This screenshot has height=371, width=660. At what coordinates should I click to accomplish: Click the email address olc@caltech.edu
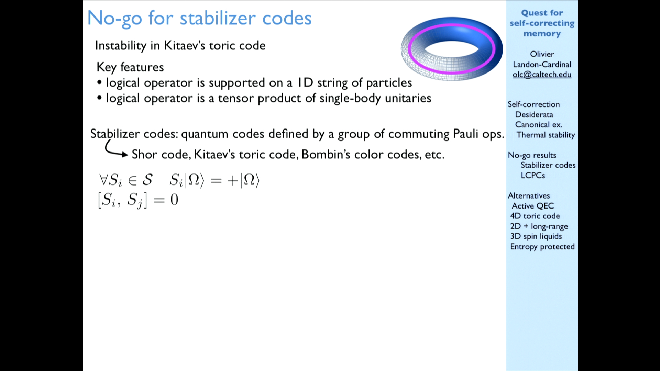point(542,75)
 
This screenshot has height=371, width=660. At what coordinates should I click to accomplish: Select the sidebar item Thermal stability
point(546,135)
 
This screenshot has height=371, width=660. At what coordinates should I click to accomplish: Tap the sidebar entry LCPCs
point(533,175)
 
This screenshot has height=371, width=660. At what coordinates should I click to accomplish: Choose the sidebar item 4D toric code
point(535,216)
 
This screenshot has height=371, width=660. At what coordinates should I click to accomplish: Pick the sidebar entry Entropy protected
point(542,247)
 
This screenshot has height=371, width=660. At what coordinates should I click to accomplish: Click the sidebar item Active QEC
point(533,206)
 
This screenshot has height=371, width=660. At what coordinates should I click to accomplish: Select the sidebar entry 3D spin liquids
point(536,236)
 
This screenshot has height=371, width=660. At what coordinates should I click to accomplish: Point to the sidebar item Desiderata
point(534,115)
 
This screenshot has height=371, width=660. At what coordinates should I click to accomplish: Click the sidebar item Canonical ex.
point(538,125)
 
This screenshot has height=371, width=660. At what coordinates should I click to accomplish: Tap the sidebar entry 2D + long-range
point(539,226)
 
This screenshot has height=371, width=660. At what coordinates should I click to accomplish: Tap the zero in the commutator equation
point(174,200)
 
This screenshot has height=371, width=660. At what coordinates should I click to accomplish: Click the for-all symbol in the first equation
point(103,179)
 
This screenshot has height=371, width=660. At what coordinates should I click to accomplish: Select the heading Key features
point(130,67)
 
